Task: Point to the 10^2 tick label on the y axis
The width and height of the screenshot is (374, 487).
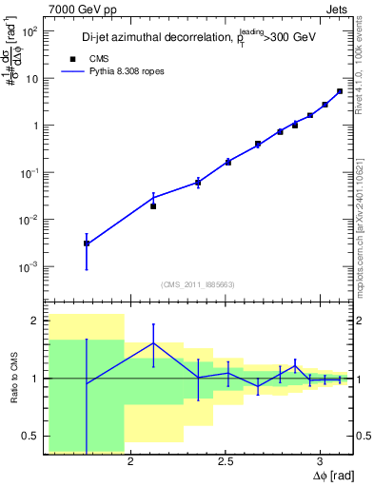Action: click(x=30, y=31)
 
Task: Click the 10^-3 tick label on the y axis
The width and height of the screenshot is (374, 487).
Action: click(x=30, y=267)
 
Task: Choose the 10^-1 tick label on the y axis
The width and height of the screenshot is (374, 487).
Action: click(x=30, y=173)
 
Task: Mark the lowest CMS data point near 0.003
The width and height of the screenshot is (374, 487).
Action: click(x=87, y=243)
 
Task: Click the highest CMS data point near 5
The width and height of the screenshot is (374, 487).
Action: click(x=340, y=91)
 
